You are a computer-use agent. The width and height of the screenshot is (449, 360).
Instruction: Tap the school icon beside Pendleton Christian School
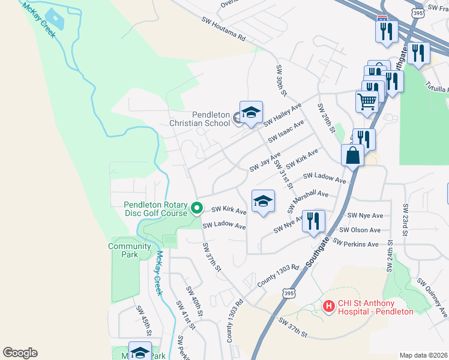252,112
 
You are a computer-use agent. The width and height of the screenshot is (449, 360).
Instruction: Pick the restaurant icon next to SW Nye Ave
313,220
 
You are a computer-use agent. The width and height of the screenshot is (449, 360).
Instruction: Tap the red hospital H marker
328,307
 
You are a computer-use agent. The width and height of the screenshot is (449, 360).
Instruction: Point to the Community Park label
130,250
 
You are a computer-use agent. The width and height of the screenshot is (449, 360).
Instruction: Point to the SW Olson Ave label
360,230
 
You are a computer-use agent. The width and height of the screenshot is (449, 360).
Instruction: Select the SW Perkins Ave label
357,244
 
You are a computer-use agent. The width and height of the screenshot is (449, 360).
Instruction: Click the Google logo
20,353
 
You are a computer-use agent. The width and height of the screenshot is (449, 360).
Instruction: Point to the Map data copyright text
423,355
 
